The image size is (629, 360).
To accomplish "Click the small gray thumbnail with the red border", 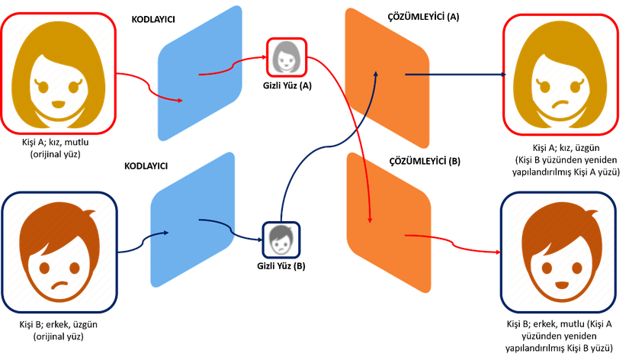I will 287,57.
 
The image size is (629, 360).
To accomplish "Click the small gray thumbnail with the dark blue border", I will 282,240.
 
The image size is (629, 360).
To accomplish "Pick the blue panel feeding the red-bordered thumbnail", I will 201,73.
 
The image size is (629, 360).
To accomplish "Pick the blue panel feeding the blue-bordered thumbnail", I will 193,221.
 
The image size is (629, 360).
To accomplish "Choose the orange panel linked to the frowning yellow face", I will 387,76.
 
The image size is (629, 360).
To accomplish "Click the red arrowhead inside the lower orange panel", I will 371,219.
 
